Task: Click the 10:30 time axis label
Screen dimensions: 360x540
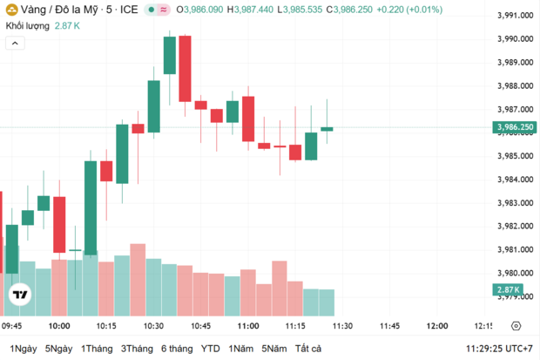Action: pos(153,326)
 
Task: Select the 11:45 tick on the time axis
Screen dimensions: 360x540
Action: pos(389,326)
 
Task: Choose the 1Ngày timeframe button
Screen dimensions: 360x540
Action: pos(24,349)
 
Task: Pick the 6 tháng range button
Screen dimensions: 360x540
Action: pos(176,349)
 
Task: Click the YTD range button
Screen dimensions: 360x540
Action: pos(210,349)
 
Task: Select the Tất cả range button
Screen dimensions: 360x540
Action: pos(307,349)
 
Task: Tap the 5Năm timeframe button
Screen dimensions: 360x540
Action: pos(273,349)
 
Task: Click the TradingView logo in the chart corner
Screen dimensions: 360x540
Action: pos(18,296)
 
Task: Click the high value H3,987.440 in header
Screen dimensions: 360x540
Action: pos(248,10)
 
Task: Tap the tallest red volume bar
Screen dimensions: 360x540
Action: pos(138,279)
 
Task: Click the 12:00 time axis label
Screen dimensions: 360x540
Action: pos(436,326)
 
